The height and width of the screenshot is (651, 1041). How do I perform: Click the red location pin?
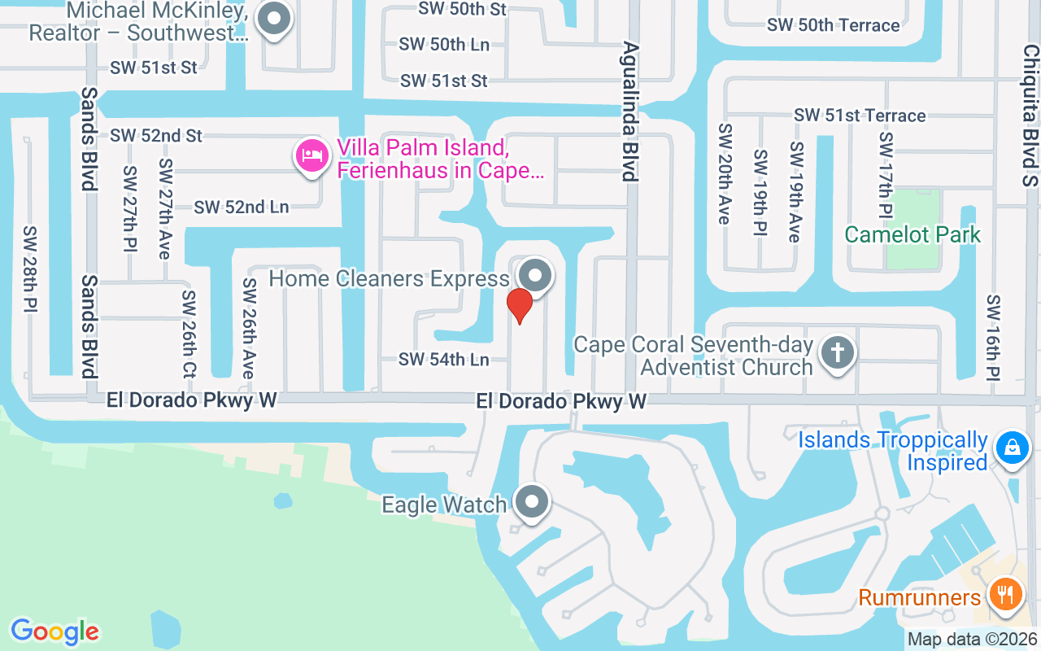(519, 305)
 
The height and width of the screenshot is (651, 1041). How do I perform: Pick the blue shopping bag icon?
(1012, 448)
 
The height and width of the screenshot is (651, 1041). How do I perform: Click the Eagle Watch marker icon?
(533, 502)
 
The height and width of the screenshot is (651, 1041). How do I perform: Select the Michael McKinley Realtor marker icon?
(273, 20)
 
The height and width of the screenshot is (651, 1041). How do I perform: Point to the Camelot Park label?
(912, 234)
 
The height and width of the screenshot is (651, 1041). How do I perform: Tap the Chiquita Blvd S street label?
(1030, 114)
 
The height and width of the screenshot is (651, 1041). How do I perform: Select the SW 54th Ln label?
(443, 359)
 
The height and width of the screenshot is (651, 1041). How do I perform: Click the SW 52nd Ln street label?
(242, 207)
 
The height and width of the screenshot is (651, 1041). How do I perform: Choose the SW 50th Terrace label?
(833, 25)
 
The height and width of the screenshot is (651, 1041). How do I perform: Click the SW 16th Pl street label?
(993, 338)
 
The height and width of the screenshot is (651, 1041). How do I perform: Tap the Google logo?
(54, 631)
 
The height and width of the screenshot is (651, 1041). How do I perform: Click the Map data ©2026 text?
(972, 639)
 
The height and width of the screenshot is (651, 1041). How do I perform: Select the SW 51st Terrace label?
(860, 116)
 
